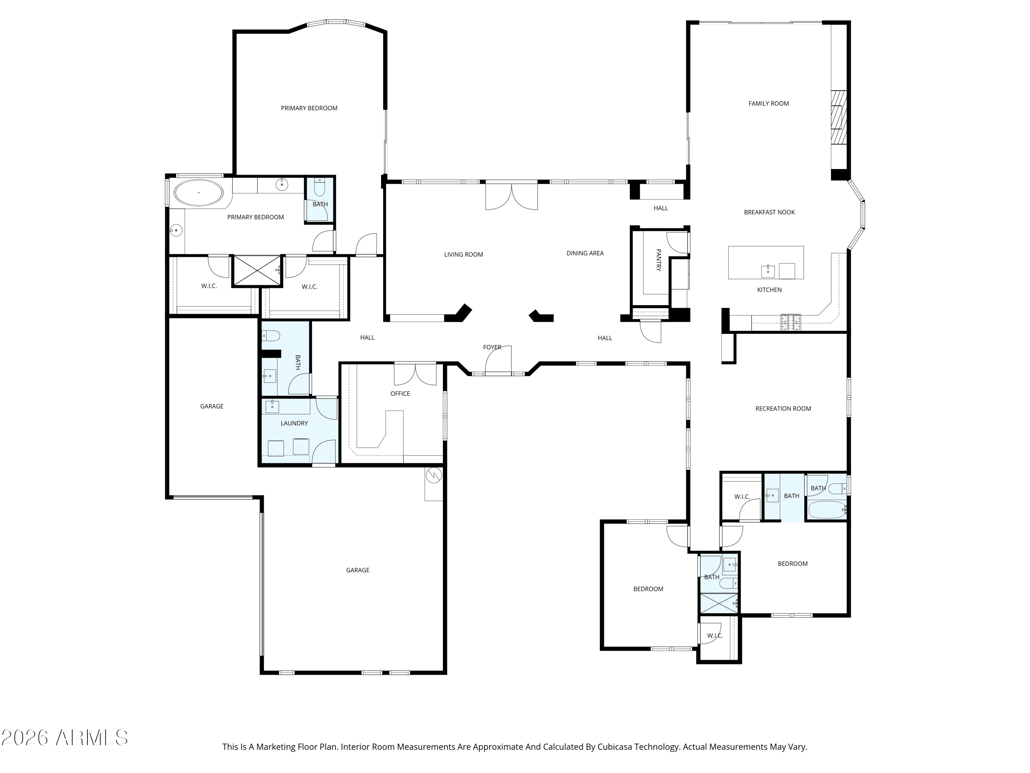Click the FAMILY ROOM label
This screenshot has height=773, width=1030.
click(x=768, y=103)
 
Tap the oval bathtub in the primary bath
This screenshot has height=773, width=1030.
click(x=199, y=192)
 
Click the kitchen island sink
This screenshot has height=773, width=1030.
click(x=768, y=271)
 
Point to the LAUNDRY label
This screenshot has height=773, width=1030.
click(x=294, y=423)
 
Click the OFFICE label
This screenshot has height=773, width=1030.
click(x=400, y=394)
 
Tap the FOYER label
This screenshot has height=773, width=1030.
click(x=492, y=347)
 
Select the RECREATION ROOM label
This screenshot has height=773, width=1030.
click(x=783, y=408)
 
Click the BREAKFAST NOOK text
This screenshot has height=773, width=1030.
click(x=769, y=212)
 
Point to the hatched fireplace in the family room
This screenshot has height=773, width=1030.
click(x=839, y=116)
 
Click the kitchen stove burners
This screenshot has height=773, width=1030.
click(x=791, y=322)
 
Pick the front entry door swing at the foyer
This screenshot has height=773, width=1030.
click(x=498, y=360)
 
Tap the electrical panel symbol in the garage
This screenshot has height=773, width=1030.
click(x=434, y=475)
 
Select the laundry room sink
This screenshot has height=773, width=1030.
click(x=272, y=406)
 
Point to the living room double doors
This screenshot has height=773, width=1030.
click(x=511, y=197)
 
